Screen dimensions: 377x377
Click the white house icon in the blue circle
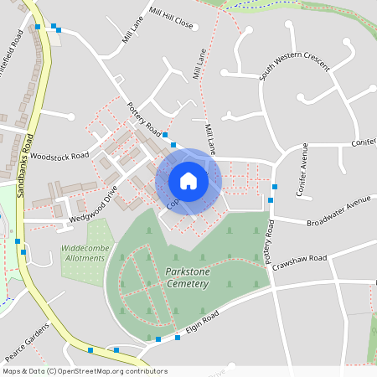pos(188,180)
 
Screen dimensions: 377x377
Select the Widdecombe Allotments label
pos(84,253)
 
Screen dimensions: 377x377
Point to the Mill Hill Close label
pos(171,18)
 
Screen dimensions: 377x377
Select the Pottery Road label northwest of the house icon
pos(144,119)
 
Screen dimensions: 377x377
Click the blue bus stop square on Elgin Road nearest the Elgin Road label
pos(178,338)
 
